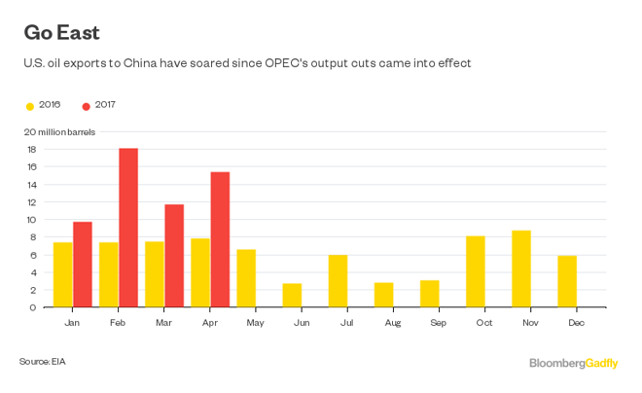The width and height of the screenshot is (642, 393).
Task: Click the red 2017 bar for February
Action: pyautogui.click(x=128, y=228)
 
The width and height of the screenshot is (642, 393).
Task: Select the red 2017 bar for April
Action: pyautogui.click(x=220, y=239)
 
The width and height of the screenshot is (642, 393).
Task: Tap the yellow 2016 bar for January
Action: pyautogui.click(x=62, y=274)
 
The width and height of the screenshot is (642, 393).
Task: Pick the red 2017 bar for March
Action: pyautogui.click(x=174, y=256)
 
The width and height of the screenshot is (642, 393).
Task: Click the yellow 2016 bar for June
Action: pyautogui.click(x=292, y=295)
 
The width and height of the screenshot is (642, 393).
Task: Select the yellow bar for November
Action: pyautogui.click(x=521, y=268)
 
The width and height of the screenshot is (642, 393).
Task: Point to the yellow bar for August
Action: pyautogui.click(x=383, y=295)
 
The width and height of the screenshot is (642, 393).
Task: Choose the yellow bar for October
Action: pyautogui.click(x=476, y=271)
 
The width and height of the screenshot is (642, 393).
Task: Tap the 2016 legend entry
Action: pyautogui.click(x=44, y=105)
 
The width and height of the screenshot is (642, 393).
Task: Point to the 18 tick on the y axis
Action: pyautogui.click(x=30, y=150)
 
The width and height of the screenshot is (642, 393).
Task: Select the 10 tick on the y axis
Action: pyautogui.click(x=30, y=220)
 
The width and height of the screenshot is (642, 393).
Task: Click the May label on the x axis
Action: pyautogui.click(x=256, y=321)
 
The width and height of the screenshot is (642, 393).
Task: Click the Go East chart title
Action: pyautogui.click(x=61, y=32)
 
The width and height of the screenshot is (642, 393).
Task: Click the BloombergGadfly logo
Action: pyautogui.click(x=573, y=363)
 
